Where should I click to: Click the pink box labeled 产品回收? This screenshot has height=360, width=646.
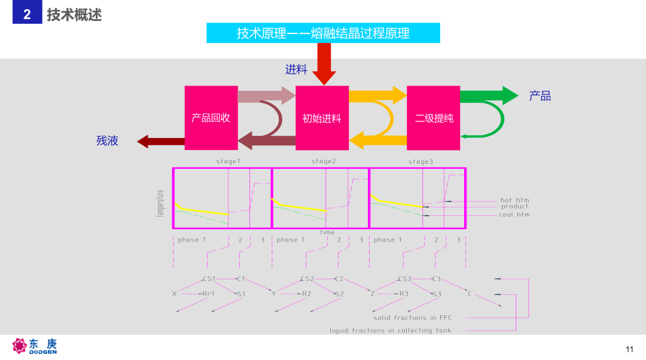click(x=211, y=118)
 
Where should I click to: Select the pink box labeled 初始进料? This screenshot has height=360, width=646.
click(x=322, y=118)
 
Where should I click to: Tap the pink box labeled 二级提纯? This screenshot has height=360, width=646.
click(x=434, y=118)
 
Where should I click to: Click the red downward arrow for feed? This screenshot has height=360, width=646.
click(x=324, y=64)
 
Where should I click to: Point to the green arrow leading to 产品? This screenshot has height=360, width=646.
click(x=489, y=96)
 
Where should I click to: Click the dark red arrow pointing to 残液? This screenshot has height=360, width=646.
click(x=161, y=141)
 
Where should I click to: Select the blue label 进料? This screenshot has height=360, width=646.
click(x=296, y=69)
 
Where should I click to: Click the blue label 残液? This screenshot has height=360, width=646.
click(x=108, y=141)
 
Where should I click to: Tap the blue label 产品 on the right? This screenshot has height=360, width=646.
click(x=540, y=96)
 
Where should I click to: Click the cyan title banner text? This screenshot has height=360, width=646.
click(x=323, y=33)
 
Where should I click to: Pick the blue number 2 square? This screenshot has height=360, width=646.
click(x=27, y=12)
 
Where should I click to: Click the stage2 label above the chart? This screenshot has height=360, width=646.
click(x=324, y=161)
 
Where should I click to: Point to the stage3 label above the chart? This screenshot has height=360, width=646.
click(x=420, y=161)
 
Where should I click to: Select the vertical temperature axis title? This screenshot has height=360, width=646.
click(x=160, y=203)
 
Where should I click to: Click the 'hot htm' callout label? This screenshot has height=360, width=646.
click(x=514, y=200)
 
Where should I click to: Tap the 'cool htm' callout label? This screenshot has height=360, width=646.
click(x=514, y=215)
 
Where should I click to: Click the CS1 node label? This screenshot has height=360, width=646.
click(x=209, y=279)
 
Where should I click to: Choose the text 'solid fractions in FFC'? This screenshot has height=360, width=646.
click(x=412, y=318)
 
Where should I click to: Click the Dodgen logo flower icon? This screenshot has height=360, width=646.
click(x=19, y=346)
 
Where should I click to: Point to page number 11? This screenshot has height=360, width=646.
click(x=629, y=349)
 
